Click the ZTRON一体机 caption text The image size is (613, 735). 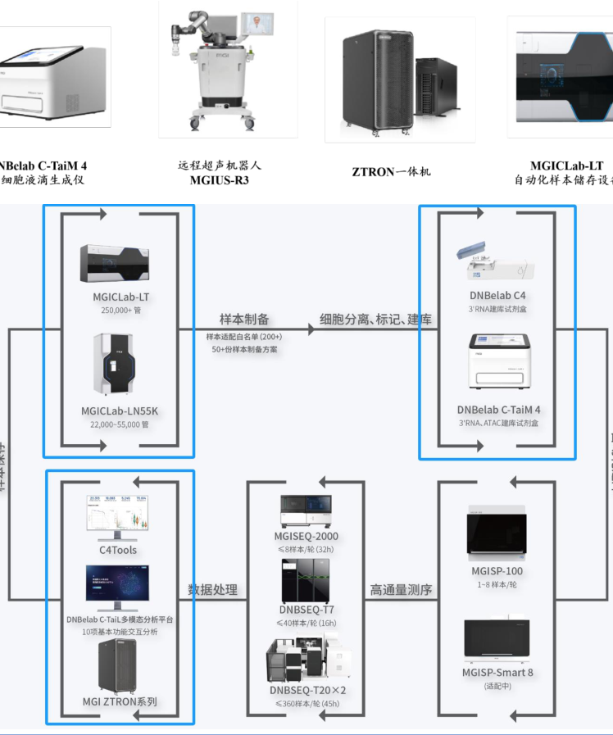(391, 172)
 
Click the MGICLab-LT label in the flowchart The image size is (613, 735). (114, 297)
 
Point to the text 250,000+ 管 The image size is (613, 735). (114, 311)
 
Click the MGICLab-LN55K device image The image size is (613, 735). (114, 363)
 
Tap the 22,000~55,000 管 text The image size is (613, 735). (114, 424)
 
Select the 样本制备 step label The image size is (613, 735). (244, 319)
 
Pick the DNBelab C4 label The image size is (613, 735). (497, 295)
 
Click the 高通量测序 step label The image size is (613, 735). (401, 589)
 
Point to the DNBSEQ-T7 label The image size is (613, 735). (306, 610)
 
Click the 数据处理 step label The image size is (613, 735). (212, 589)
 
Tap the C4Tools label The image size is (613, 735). (118, 550)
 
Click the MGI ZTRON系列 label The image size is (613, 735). (120, 701)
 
